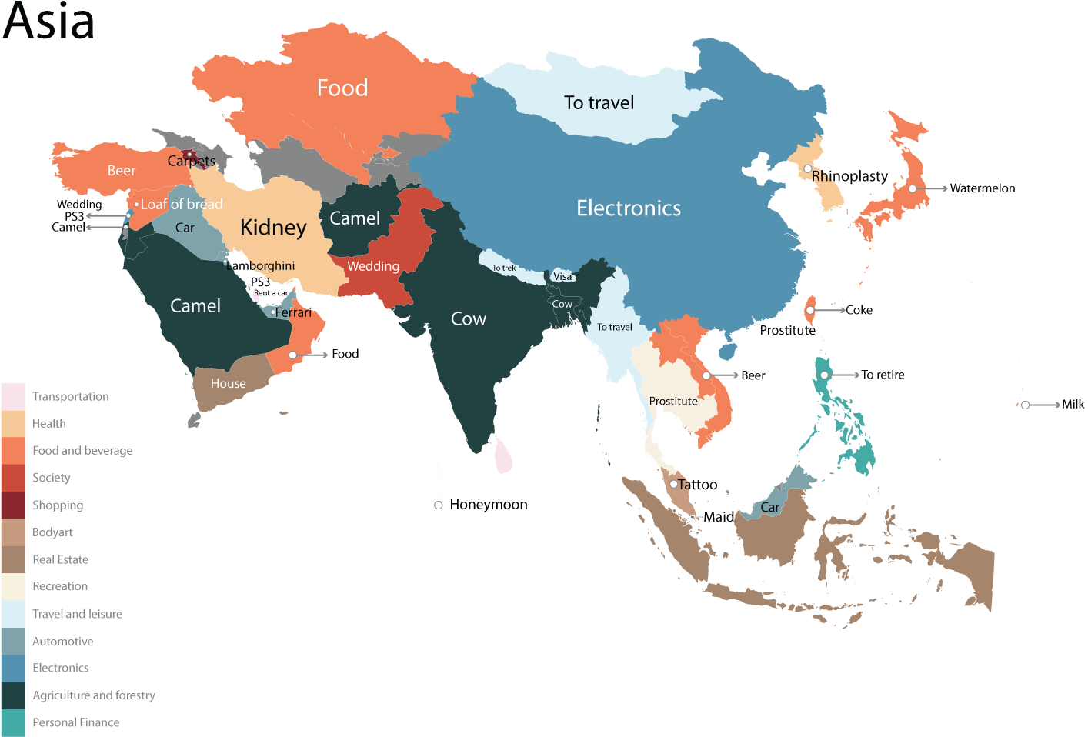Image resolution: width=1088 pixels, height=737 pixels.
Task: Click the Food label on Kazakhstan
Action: (x=342, y=88)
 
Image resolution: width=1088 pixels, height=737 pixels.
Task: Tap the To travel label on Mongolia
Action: (x=599, y=103)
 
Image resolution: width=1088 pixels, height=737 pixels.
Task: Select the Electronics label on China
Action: (x=629, y=208)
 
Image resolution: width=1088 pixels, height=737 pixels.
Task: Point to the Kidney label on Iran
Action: (x=273, y=228)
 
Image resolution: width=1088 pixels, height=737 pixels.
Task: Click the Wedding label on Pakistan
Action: (x=373, y=266)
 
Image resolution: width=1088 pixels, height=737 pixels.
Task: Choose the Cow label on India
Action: (x=468, y=319)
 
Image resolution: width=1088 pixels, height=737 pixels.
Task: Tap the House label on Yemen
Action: (x=228, y=384)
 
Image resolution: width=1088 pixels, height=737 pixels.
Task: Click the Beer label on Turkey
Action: (x=121, y=171)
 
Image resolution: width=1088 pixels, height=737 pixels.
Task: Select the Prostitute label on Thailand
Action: (x=673, y=401)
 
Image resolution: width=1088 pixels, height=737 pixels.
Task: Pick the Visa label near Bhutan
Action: (x=562, y=277)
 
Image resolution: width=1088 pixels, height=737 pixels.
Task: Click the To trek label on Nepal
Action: (x=504, y=268)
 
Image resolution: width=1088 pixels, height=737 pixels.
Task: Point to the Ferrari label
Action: (x=293, y=312)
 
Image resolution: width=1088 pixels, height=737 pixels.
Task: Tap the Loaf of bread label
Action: (x=181, y=205)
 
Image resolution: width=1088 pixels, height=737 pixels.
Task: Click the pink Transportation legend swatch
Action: (x=13, y=397)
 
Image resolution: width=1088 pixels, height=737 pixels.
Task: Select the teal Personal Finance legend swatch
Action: (x=13, y=723)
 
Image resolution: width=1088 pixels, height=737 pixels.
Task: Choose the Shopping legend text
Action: (x=58, y=505)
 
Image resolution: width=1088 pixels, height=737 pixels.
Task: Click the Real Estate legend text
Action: (x=60, y=559)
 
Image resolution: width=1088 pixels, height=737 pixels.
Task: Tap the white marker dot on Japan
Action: (x=912, y=188)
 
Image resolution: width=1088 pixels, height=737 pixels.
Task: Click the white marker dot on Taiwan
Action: (x=809, y=310)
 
